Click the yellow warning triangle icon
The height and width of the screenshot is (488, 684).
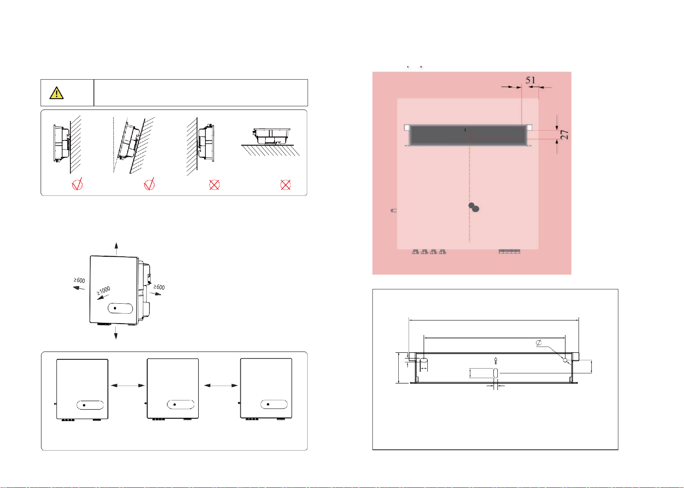click(x=57, y=93)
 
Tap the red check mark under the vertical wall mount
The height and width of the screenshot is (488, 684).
click(x=77, y=184)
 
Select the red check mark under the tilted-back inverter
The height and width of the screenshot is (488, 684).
click(x=149, y=184)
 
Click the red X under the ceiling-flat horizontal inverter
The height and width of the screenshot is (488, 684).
click(x=285, y=185)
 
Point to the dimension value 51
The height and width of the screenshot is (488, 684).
click(x=530, y=80)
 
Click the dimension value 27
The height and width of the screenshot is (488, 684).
click(x=564, y=135)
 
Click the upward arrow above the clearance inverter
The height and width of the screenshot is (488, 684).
click(x=116, y=248)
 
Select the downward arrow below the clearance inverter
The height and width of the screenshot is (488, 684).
click(x=116, y=333)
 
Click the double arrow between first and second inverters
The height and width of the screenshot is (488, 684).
click(x=128, y=385)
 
